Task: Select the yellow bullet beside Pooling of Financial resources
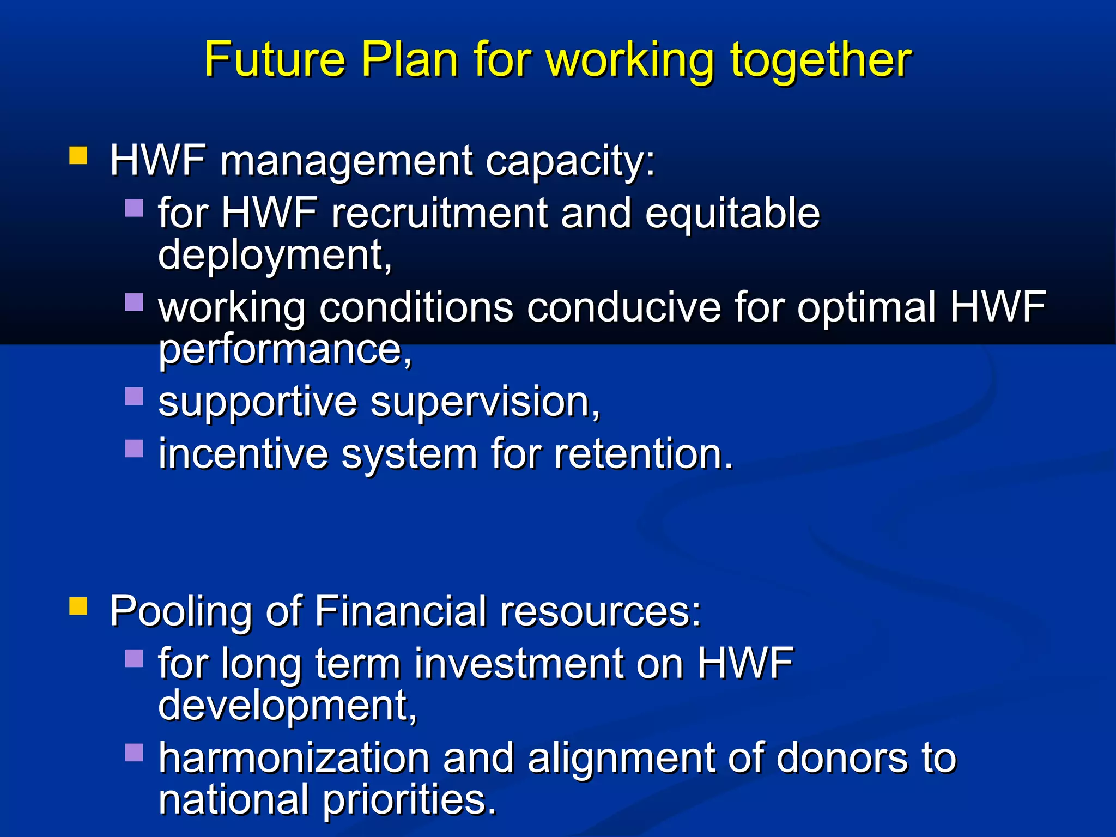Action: coord(78,605)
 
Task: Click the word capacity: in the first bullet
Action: coord(570,162)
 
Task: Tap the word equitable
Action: coord(732,214)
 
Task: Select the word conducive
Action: coord(624,307)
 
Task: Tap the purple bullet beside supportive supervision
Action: coord(134,396)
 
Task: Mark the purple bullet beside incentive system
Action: coord(134,448)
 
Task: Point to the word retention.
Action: coord(644,454)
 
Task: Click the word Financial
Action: coord(401,611)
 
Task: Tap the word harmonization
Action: coord(294,758)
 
